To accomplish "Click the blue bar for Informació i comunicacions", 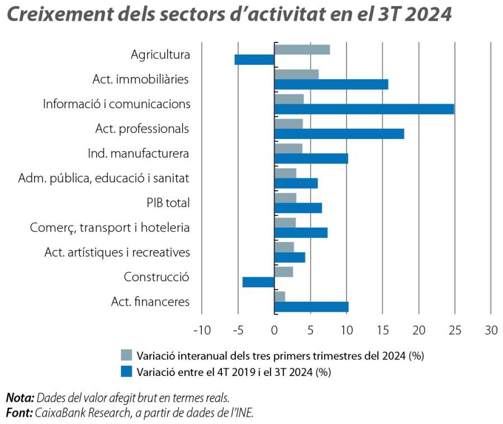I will (364, 109).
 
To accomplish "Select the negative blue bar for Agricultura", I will (255, 60).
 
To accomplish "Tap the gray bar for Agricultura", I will (302, 49).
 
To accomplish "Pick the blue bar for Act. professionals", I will (339, 134).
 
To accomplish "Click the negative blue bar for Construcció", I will (258, 282).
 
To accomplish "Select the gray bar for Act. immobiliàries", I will (296, 74).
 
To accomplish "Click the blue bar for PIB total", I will (298, 208).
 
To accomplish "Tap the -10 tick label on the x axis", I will (202, 330).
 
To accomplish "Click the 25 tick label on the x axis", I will (454, 330).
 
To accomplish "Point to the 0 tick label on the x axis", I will (274, 330).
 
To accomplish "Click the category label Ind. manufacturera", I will (139, 153).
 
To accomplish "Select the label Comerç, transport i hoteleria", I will (110, 228).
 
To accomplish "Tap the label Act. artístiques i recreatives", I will (117, 252).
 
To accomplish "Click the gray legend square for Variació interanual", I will (127, 355).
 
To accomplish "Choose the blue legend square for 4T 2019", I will (127, 370).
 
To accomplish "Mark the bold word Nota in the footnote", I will (19, 397).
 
